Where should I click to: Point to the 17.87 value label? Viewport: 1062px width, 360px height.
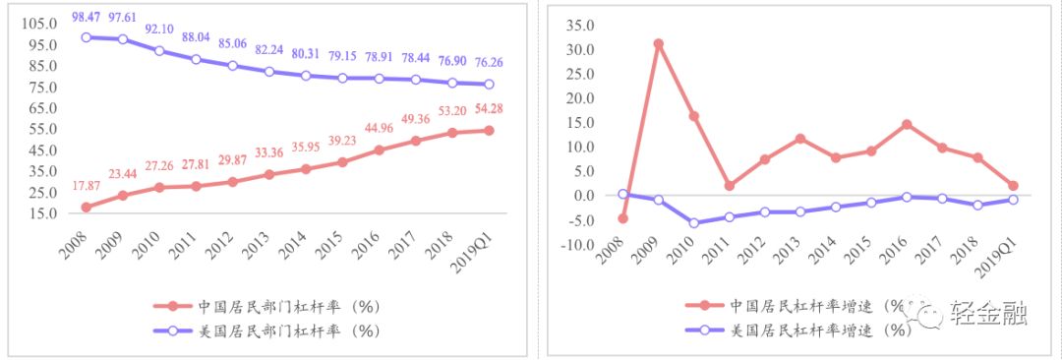(86, 186)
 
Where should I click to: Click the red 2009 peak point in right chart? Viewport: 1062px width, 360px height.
(658, 44)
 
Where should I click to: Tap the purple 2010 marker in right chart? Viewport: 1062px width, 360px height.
(694, 223)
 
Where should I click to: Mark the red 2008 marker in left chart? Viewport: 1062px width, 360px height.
(86, 208)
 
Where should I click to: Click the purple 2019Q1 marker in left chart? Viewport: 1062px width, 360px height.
(488, 85)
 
